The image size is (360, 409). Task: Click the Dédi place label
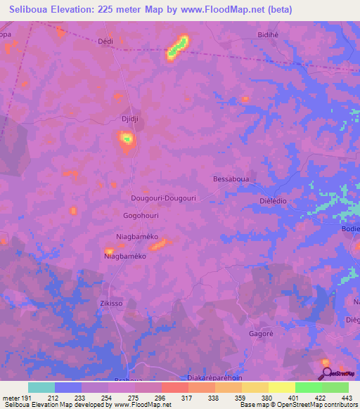coord(105,41)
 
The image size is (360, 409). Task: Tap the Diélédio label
coord(268,200)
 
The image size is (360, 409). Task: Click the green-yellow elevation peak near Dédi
coord(177,47)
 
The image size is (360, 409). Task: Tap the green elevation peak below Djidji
coord(127,139)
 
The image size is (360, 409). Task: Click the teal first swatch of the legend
coord(41,387)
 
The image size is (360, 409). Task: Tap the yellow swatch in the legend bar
coord(281,387)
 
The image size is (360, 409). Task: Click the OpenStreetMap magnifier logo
coord(326,373)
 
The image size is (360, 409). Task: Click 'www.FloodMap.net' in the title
coord(220,9)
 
